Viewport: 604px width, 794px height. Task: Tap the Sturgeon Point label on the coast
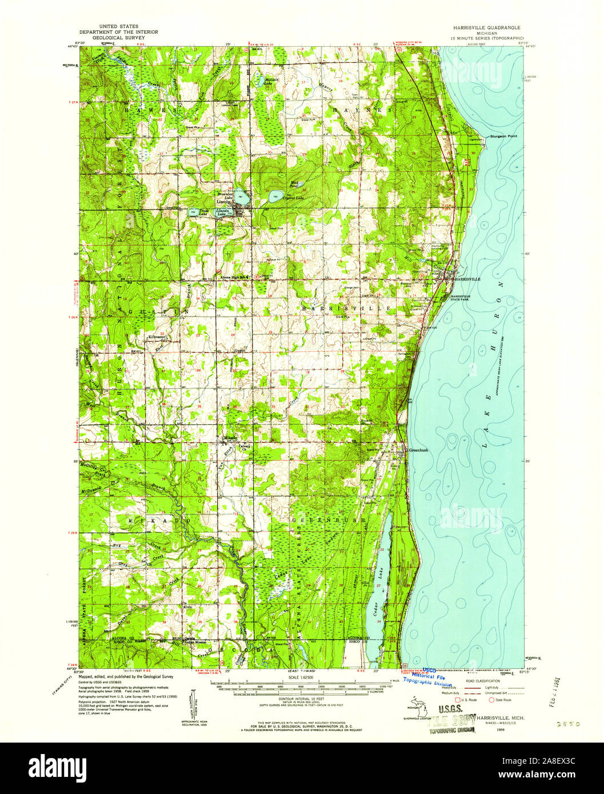click(503, 137)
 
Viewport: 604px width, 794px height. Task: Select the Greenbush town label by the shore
click(418, 450)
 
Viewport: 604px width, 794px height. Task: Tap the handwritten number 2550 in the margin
click(568, 723)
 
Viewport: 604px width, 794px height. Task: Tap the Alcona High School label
click(234, 277)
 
